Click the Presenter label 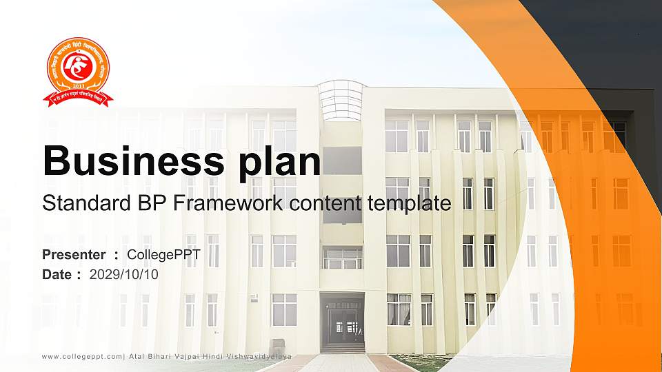click(74, 255)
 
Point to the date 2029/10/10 click(124, 274)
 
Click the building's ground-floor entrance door click(342, 324)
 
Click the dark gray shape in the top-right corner click(607, 41)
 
